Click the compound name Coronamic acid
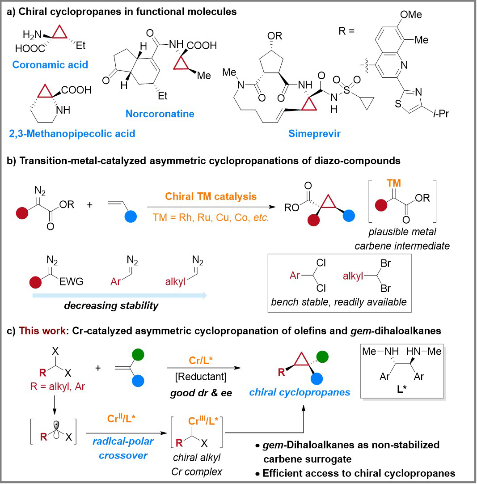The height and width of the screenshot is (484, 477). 50,64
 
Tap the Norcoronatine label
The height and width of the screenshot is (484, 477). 160,114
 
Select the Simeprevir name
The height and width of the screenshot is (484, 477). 314,133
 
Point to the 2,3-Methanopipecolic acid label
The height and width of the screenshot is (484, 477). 72,133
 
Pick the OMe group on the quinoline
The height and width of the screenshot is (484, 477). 411,14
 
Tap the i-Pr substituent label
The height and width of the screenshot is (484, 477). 441,114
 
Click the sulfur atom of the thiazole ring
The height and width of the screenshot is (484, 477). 398,104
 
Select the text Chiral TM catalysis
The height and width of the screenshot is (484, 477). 211,196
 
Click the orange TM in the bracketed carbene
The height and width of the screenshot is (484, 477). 394,183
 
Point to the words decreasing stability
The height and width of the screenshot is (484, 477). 111,306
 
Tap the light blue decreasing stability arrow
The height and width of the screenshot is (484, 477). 120,295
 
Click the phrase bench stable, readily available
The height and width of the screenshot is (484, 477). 339,302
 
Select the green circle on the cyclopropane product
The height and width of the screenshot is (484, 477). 322,357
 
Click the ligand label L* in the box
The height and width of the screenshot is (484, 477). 401,389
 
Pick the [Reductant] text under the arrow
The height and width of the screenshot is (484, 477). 201,377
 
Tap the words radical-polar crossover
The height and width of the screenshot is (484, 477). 123,448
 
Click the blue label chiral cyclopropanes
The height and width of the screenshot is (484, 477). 300,392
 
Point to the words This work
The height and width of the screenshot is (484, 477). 42,331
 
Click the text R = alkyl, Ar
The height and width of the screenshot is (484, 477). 57,386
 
